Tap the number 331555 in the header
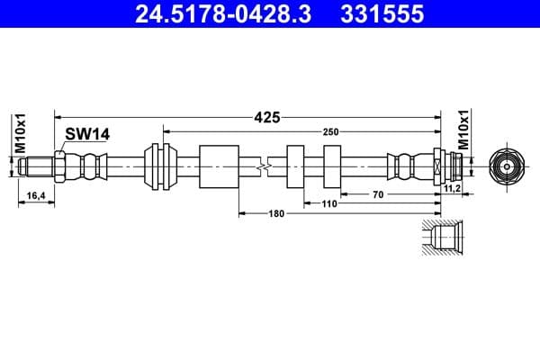380,14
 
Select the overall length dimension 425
267,116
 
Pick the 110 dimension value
328,204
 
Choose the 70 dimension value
378,193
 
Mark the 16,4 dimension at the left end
36,194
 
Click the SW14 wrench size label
86,133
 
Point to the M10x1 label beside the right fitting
464,131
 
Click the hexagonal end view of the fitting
508,166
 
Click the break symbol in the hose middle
262,166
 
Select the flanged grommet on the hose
161,166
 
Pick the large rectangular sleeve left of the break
219,166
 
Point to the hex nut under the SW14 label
58,166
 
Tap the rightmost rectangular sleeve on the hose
330,166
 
